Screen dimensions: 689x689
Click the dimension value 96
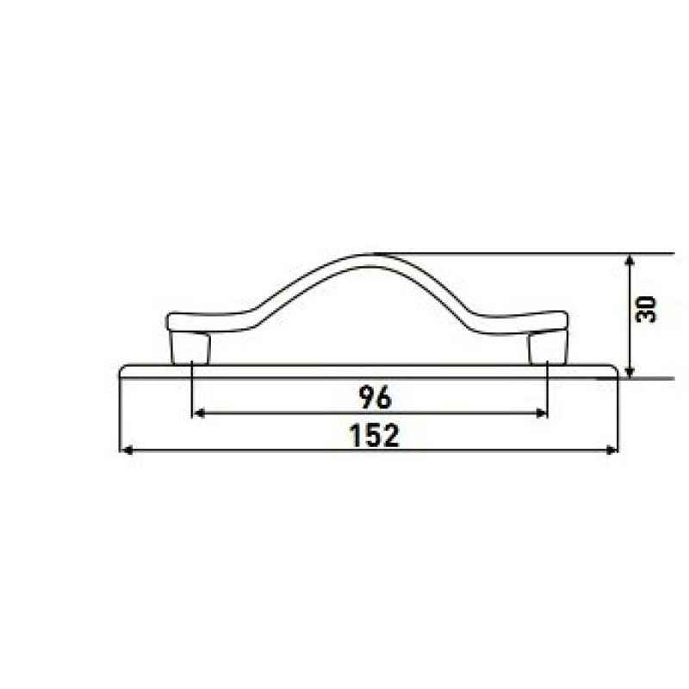pos(375,397)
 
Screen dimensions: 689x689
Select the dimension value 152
pos(375,436)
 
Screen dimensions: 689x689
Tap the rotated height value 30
pos(646,309)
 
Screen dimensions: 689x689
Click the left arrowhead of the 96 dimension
pos(200,413)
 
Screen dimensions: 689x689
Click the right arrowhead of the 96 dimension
pos(541,413)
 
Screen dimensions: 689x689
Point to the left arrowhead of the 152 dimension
pos(127,450)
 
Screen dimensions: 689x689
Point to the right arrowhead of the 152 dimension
pos(611,450)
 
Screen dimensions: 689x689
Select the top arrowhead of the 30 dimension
pos(630,261)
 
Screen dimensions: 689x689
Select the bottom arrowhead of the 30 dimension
pos(630,371)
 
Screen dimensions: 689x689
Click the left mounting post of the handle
pos(190,348)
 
